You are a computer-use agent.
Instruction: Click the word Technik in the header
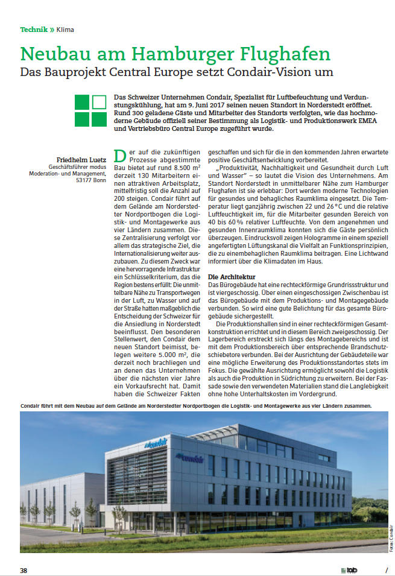coord(34,29)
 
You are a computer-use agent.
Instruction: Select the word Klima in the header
coord(66,29)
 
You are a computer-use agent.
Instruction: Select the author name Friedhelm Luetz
coord(81,159)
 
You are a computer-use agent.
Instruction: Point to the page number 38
coord(24,570)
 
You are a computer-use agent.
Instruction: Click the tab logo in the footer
coord(349,570)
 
